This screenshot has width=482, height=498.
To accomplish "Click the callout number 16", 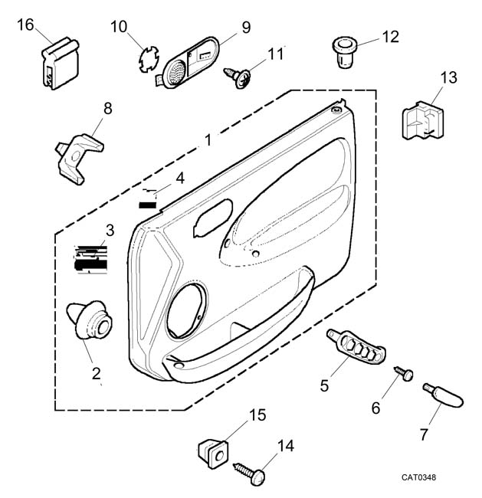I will click(25, 25).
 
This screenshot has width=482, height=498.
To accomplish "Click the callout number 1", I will click(207, 141).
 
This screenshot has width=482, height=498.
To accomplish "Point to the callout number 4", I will click(179, 178).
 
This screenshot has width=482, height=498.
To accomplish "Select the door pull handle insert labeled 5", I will click(357, 348).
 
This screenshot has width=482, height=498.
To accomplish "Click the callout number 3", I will click(110, 229).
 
